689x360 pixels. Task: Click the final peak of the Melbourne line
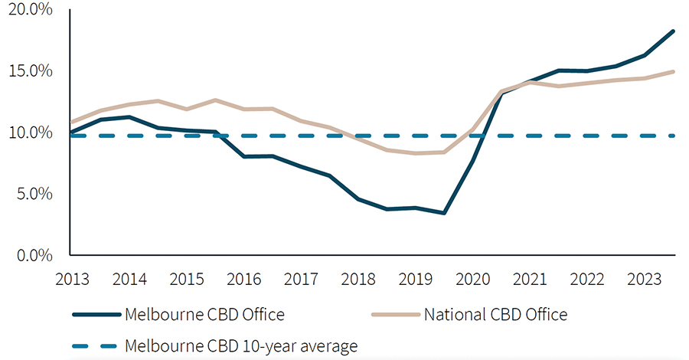(674, 31)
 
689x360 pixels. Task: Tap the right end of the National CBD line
(674, 71)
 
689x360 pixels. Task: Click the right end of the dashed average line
(674, 136)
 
